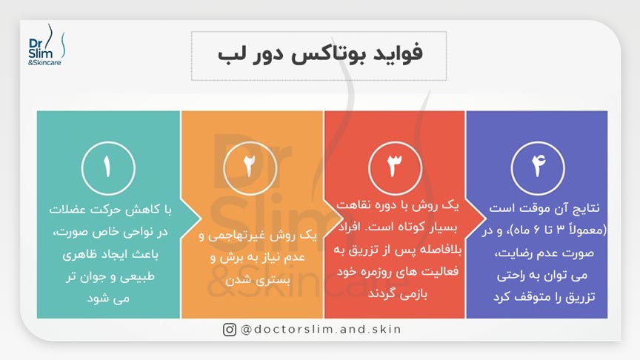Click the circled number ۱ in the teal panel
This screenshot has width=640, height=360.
pos(108,168)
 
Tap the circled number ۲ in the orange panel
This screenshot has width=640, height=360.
pos(252,168)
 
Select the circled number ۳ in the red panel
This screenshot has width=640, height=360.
pos(394,168)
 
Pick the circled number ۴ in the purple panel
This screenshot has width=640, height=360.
pos(537,168)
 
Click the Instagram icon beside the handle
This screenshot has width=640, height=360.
pos(230,330)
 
